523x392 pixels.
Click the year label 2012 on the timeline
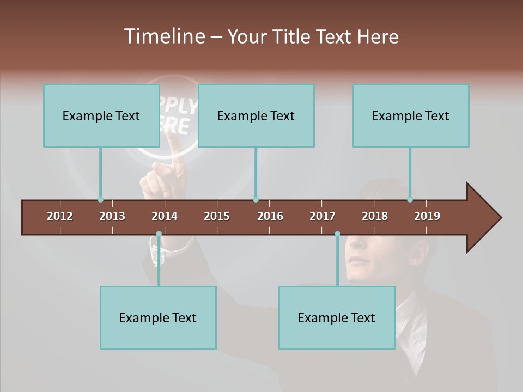60,216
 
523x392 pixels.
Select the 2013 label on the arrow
112,216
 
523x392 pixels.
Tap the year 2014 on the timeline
165,216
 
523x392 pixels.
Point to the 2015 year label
217,216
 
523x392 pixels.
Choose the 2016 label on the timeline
270,216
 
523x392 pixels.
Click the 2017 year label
323,216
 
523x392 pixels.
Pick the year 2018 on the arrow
375,216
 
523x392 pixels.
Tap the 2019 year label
427,216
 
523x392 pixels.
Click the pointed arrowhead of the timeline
484,218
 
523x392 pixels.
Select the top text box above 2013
101,115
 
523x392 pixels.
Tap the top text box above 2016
256,115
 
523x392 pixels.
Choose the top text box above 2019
410,115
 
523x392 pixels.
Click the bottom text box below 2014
158,317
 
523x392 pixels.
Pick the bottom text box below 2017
337,317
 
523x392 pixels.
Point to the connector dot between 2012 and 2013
100,200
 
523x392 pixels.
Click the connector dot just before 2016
256,200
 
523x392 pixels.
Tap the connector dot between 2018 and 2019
410,200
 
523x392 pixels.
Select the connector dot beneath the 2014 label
159,234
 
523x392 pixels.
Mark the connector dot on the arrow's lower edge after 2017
337,234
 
